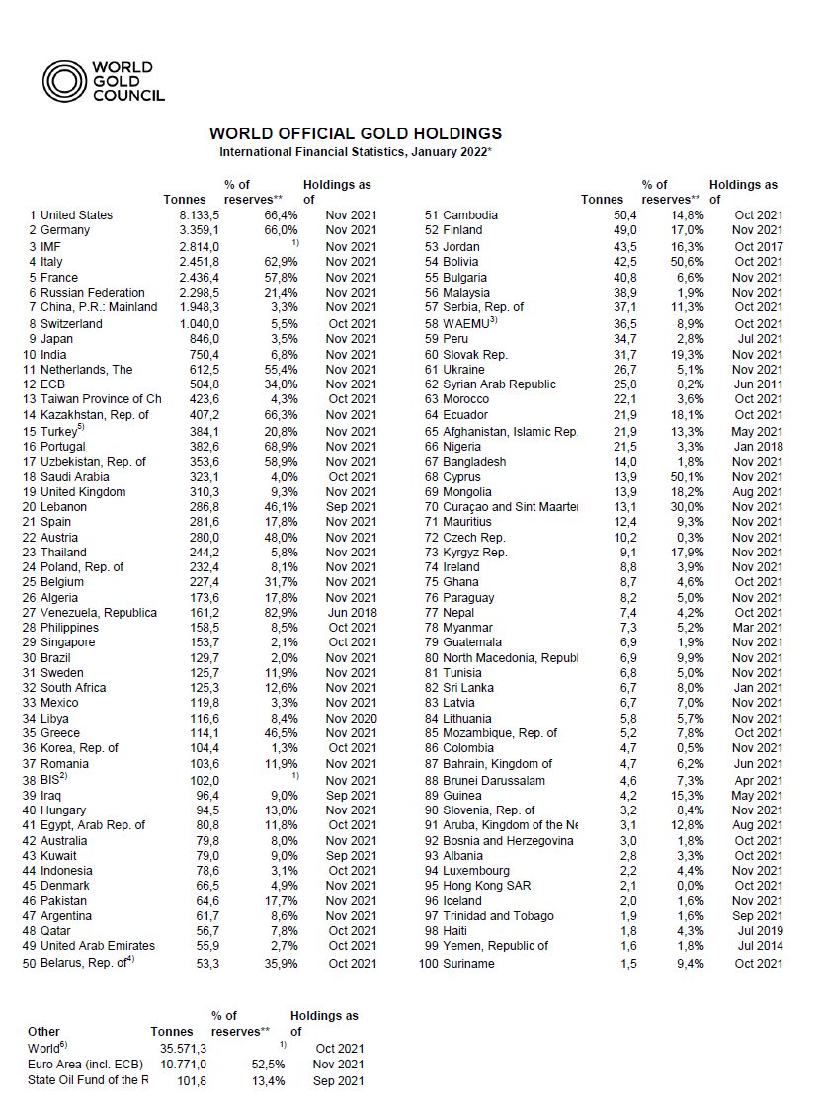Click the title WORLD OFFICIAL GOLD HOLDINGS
point(356,133)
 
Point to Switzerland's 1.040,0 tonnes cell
point(183,323)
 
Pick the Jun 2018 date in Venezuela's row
point(351,613)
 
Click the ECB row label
point(53,384)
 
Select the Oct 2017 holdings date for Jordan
point(759,246)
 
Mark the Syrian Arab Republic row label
point(499,384)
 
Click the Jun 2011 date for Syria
point(759,384)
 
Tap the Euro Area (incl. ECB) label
point(86,1065)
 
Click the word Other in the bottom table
point(44,1032)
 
